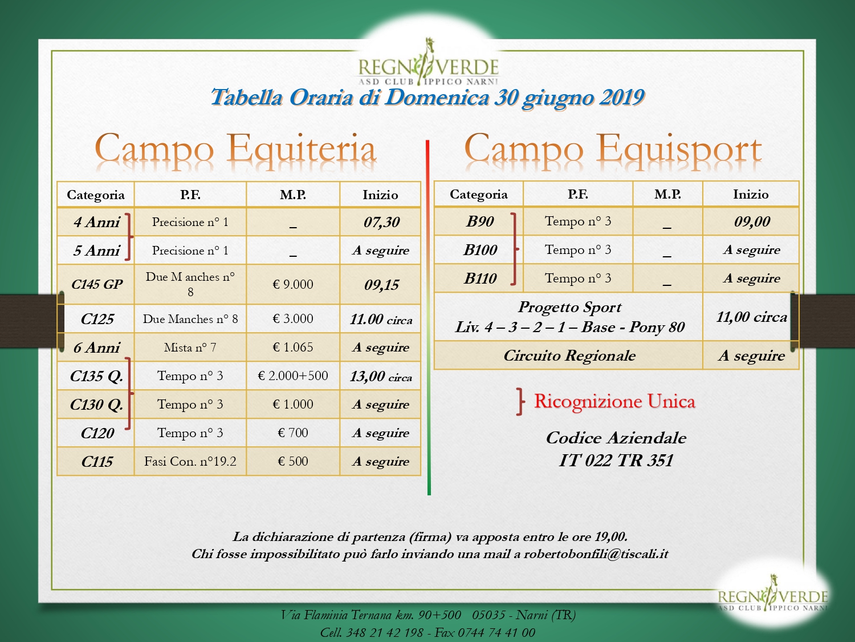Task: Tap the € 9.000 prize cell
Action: [x=293, y=285]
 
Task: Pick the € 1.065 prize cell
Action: [x=293, y=348]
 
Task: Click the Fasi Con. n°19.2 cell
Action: [x=190, y=462]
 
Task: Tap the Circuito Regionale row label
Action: [x=569, y=356]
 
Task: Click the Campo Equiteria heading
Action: [x=235, y=150]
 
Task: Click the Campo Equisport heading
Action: [x=613, y=150]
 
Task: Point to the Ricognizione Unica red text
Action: [x=614, y=402]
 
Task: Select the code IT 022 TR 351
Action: [x=616, y=461]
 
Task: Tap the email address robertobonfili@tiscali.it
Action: [x=596, y=554]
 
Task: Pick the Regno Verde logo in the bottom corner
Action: [x=773, y=592]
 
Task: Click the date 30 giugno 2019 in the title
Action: [x=569, y=98]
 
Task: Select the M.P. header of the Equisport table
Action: [x=667, y=194]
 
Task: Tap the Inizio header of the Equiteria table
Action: [x=380, y=195]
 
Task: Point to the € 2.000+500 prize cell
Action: [x=293, y=375]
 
